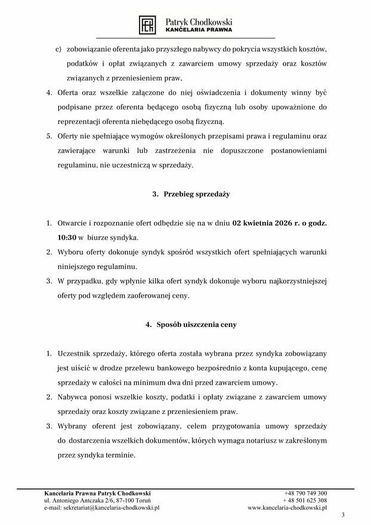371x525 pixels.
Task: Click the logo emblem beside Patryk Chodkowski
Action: click(147, 24)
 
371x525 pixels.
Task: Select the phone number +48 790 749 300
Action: click(306, 493)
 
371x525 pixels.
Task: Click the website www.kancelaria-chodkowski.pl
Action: click(287, 508)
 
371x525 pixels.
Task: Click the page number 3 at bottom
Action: click(342, 515)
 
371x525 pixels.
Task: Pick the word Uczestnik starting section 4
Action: click(77, 353)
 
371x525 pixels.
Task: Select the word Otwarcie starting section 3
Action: click(75, 223)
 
